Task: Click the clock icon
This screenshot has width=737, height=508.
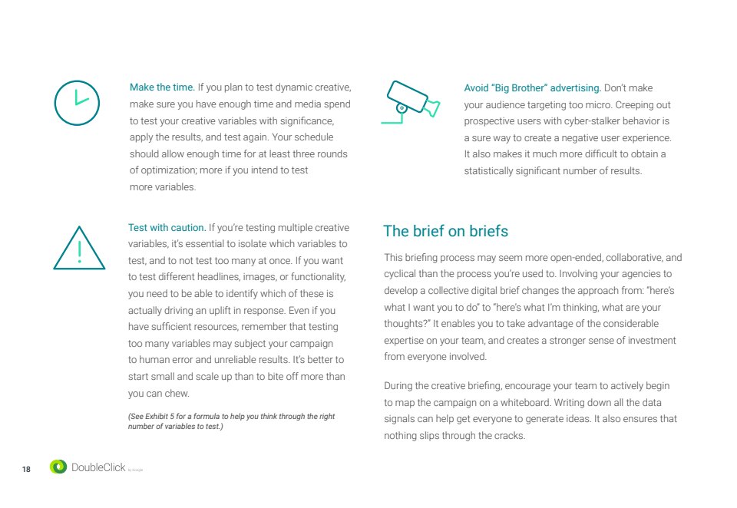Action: [77, 103]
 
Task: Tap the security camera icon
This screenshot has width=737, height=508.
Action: [411, 102]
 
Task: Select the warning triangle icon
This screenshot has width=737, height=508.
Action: [79, 247]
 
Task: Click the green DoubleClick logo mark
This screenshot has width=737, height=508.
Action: [58, 467]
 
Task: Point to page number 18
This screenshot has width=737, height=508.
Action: [26, 469]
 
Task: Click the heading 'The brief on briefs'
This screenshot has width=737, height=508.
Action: [445, 231]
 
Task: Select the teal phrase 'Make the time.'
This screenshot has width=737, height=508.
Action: [162, 87]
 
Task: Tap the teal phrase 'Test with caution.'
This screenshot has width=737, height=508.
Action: [167, 227]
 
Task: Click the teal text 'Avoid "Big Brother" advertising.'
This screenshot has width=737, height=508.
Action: [533, 88]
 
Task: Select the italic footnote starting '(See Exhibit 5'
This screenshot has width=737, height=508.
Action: [230, 421]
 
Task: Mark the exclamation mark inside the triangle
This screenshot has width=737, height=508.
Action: [79, 251]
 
